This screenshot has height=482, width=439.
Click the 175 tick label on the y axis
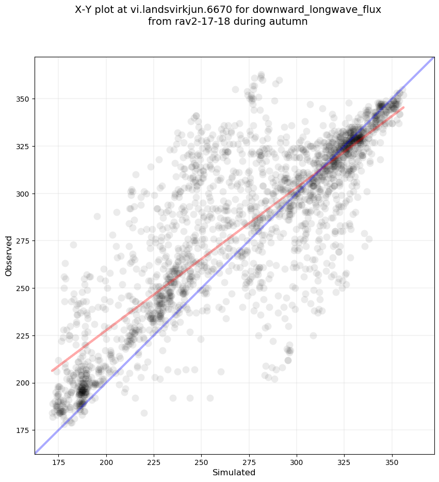[x=23, y=430]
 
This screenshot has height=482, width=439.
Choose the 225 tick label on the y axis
[x=23, y=336]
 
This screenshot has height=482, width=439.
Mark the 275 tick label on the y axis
[x=23, y=241]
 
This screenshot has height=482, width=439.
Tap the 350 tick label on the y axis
[x=23, y=99]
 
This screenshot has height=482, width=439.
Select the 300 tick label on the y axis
[x=23, y=194]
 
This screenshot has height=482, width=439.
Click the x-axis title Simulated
[x=234, y=472]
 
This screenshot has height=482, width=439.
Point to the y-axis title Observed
[x=9, y=255]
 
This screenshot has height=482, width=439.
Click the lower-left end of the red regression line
[x=52, y=371]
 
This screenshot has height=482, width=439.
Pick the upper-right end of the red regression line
[x=403, y=107]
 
